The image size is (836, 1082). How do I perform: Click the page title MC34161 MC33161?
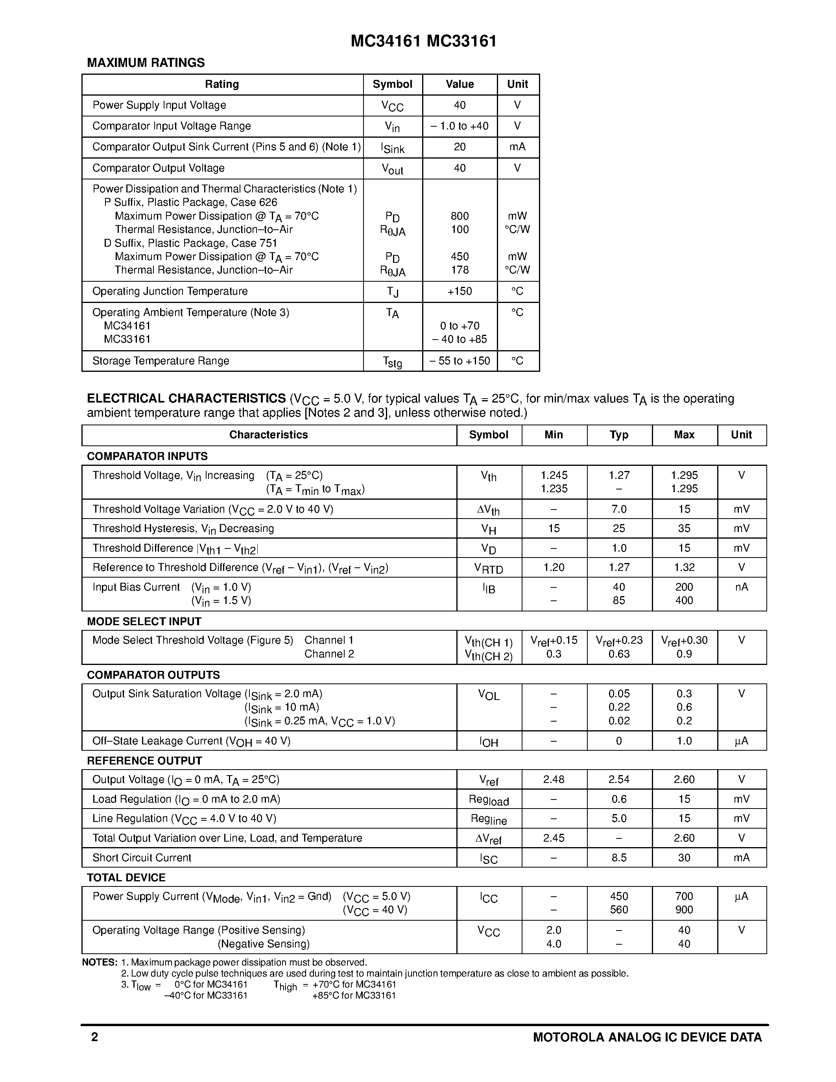click(423, 41)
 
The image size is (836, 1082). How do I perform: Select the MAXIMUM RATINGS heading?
click(146, 63)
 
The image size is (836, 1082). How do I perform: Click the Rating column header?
click(222, 84)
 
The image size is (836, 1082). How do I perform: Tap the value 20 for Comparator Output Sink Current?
click(460, 147)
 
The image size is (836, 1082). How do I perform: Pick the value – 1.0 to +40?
click(460, 126)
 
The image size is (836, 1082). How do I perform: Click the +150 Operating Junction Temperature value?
click(460, 291)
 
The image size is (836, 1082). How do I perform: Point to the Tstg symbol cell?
click(392, 362)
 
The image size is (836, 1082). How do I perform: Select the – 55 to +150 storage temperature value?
click(460, 361)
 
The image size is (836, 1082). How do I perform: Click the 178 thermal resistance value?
click(460, 270)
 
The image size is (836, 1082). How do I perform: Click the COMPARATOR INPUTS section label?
click(147, 456)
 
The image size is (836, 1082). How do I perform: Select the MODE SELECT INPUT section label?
click(144, 621)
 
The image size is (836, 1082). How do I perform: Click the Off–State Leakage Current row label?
click(191, 741)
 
